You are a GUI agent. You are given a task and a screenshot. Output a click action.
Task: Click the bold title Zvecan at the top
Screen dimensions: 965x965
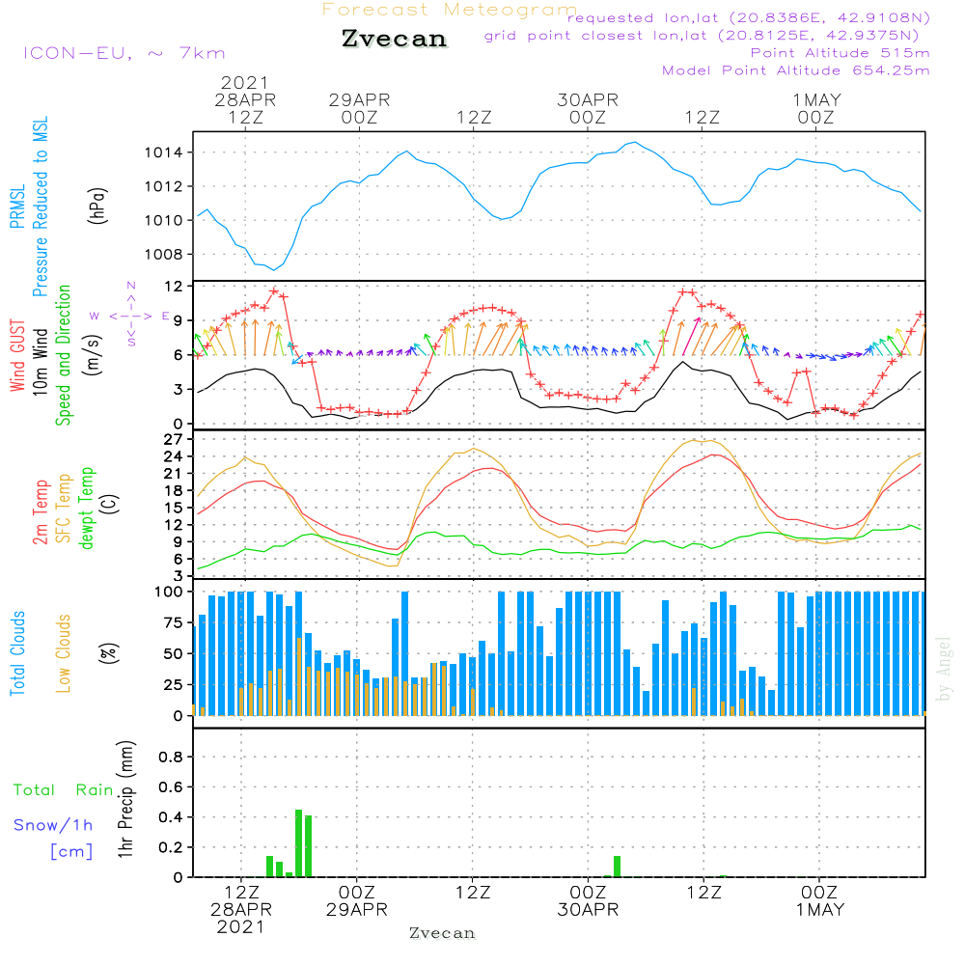point(394,39)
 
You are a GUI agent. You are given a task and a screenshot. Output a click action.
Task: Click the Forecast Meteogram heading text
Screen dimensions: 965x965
point(450,11)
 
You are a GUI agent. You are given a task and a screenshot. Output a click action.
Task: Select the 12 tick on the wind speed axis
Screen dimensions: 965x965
point(175,287)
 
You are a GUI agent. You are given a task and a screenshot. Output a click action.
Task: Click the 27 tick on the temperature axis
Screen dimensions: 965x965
point(175,439)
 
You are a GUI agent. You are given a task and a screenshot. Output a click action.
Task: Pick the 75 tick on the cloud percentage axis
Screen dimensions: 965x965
point(175,622)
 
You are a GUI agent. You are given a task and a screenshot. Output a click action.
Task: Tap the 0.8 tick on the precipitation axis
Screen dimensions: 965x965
point(171,757)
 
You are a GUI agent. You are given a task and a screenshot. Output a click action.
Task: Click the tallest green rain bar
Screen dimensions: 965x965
point(299,842)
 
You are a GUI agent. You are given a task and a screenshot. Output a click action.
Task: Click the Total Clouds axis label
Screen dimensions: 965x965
point(18,653)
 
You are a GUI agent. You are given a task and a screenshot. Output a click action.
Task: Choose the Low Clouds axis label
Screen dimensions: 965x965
point(64,653)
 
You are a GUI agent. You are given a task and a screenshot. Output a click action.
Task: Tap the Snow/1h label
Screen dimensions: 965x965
point(53,825)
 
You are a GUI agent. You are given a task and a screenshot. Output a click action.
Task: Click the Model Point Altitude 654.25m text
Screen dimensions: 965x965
point(796,70)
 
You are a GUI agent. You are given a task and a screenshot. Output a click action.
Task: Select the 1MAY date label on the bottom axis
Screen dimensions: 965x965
point(819,910)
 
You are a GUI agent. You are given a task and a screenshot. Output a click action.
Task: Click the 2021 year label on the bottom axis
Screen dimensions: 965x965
point(240,926)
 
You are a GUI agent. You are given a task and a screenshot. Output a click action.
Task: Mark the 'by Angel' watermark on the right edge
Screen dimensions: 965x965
point(944,669)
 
